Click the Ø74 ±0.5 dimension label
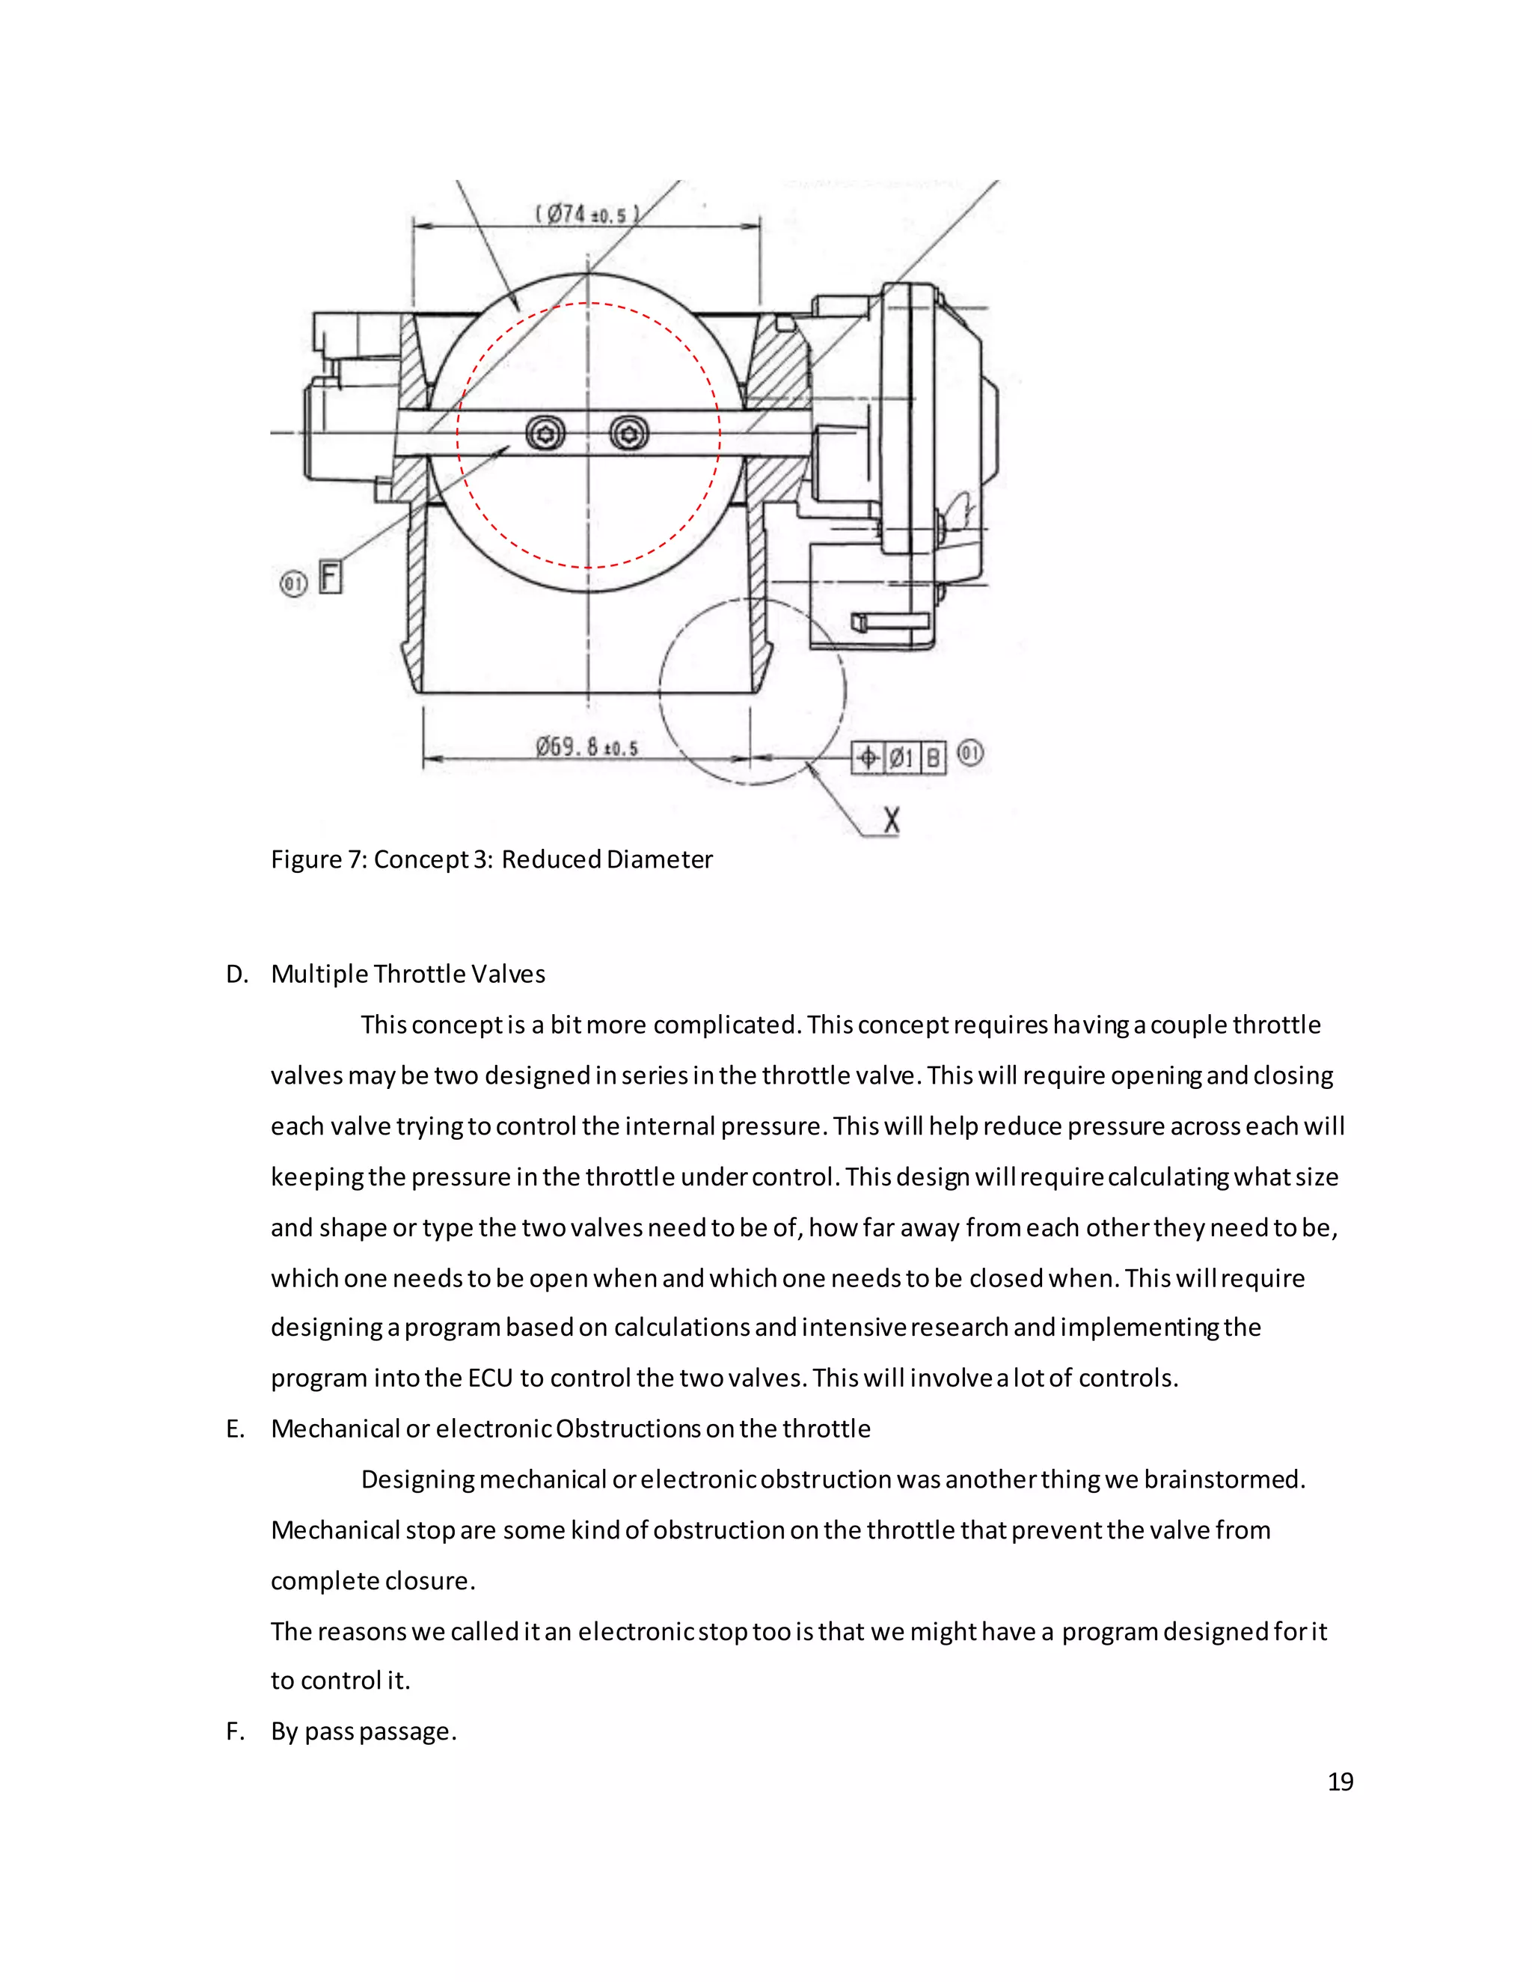(587, 214)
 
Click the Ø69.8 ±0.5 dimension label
(586, 747)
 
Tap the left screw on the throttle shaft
(545, 434)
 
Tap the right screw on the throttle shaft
(629, 434)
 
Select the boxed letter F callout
(331, 577)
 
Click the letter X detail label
(891, 820)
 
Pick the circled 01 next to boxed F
(294, 583)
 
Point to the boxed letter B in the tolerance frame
(933, 757)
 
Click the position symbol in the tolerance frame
(868, 757)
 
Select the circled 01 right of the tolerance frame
(970, 752)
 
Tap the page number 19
(1340, 1782)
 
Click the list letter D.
(236, 975)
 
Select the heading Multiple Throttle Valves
(408, 975)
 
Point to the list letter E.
(235, 1429)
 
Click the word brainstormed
(1222, 1480)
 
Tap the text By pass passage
(363, 1731)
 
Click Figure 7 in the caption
(318, 859)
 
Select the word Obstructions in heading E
(628, 1429)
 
